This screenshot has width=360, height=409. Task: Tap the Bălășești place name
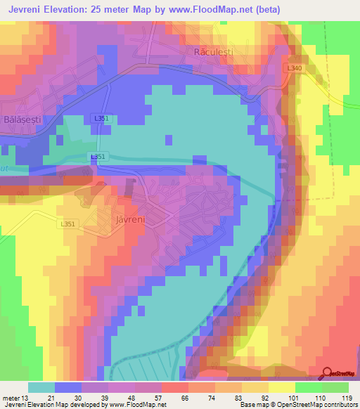coord(22,119)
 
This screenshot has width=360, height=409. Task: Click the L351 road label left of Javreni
coord(68,224)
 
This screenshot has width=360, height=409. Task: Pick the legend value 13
coord(28,397)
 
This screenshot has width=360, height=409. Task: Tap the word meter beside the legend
coord(12,397)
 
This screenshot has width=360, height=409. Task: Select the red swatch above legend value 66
coord(175,387)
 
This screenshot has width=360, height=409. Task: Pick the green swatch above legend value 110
coord(309,387)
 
